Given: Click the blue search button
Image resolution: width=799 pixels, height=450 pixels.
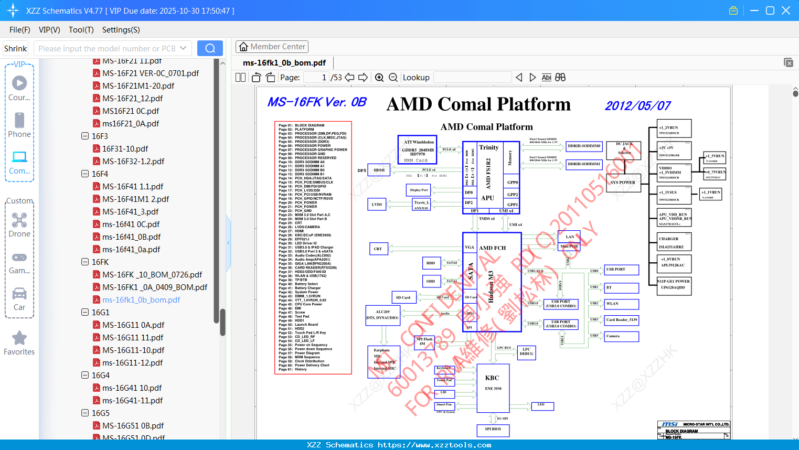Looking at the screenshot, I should coord(210,48).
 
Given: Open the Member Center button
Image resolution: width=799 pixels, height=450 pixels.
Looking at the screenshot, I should coord(272,47).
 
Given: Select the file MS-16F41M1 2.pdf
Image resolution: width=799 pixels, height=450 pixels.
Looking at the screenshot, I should coord(135,199).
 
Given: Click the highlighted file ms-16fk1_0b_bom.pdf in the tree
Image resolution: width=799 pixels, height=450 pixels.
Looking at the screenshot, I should coord(141,300).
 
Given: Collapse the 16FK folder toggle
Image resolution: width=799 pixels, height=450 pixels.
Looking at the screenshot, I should coord(85,262).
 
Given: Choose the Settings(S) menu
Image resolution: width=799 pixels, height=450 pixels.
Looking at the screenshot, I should coord(121,30).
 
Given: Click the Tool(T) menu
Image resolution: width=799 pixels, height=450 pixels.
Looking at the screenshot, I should coord(81,30).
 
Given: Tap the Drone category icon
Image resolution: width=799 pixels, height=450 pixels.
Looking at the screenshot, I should coord(19,220).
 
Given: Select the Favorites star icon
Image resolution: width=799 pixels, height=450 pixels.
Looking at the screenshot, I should coord(19,338).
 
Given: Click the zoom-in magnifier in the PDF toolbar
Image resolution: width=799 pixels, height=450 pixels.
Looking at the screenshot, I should coord(379,78).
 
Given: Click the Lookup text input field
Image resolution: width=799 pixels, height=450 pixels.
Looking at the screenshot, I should coord(472,78).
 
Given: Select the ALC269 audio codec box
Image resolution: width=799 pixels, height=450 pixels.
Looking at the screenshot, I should coord(382,315).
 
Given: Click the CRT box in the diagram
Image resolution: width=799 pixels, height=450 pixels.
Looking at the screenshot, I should coord(378,249).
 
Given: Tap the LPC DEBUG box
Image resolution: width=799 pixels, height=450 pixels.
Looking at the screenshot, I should coord(526,352).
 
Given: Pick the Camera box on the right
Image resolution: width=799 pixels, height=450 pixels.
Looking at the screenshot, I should coord(621,336).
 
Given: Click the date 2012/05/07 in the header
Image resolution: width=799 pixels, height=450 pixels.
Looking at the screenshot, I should coord(637,106).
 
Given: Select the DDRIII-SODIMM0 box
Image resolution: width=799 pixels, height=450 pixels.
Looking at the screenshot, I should coord(584,146).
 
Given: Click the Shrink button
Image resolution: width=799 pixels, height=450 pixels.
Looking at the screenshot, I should coord(16,48).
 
